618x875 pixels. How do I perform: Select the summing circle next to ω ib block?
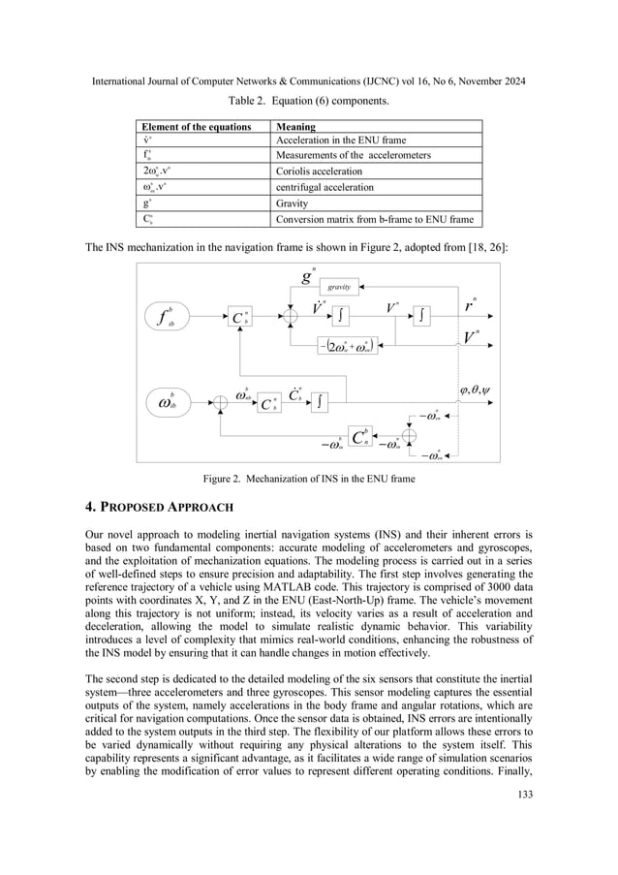point(221,399)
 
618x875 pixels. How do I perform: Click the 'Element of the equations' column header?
point(183,126)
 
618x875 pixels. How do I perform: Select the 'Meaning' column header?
point(295,126)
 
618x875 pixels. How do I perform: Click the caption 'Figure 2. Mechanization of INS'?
point(308,478)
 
